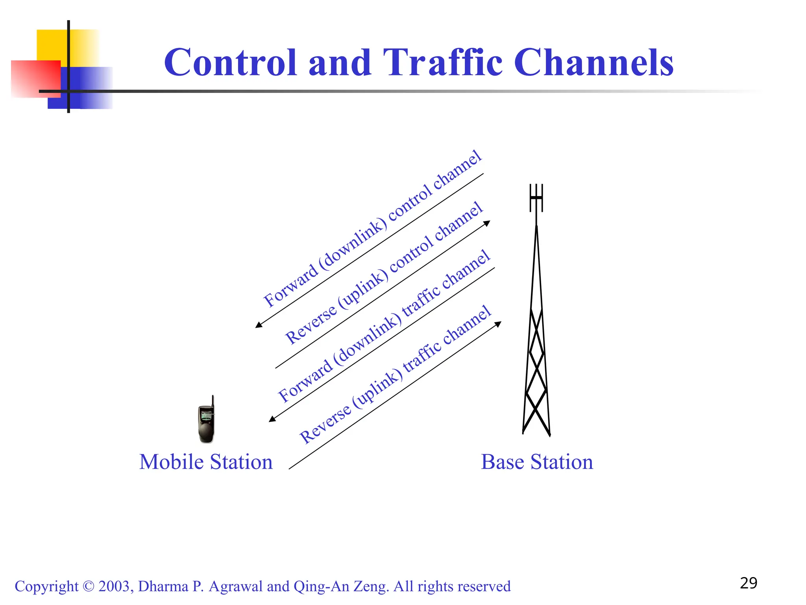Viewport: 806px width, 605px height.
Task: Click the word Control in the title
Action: point(230,63)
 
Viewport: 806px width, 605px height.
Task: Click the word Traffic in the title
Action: point(442,63)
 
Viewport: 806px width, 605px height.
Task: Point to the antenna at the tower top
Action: point(536,198)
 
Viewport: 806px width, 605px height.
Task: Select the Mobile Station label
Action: point(206,462)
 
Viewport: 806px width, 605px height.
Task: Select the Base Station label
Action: point(537,462)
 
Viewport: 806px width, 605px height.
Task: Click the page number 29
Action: point(748,583)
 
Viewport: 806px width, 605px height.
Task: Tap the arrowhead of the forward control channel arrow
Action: point(258,325)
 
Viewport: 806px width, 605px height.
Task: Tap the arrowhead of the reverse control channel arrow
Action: point(487,223)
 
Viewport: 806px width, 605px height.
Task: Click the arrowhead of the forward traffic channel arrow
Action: point(272,419)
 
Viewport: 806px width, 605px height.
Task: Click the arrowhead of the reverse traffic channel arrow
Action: point(498,324)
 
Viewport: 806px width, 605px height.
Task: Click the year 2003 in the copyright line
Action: point(114,586)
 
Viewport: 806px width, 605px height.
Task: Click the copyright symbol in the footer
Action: point(89,586)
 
